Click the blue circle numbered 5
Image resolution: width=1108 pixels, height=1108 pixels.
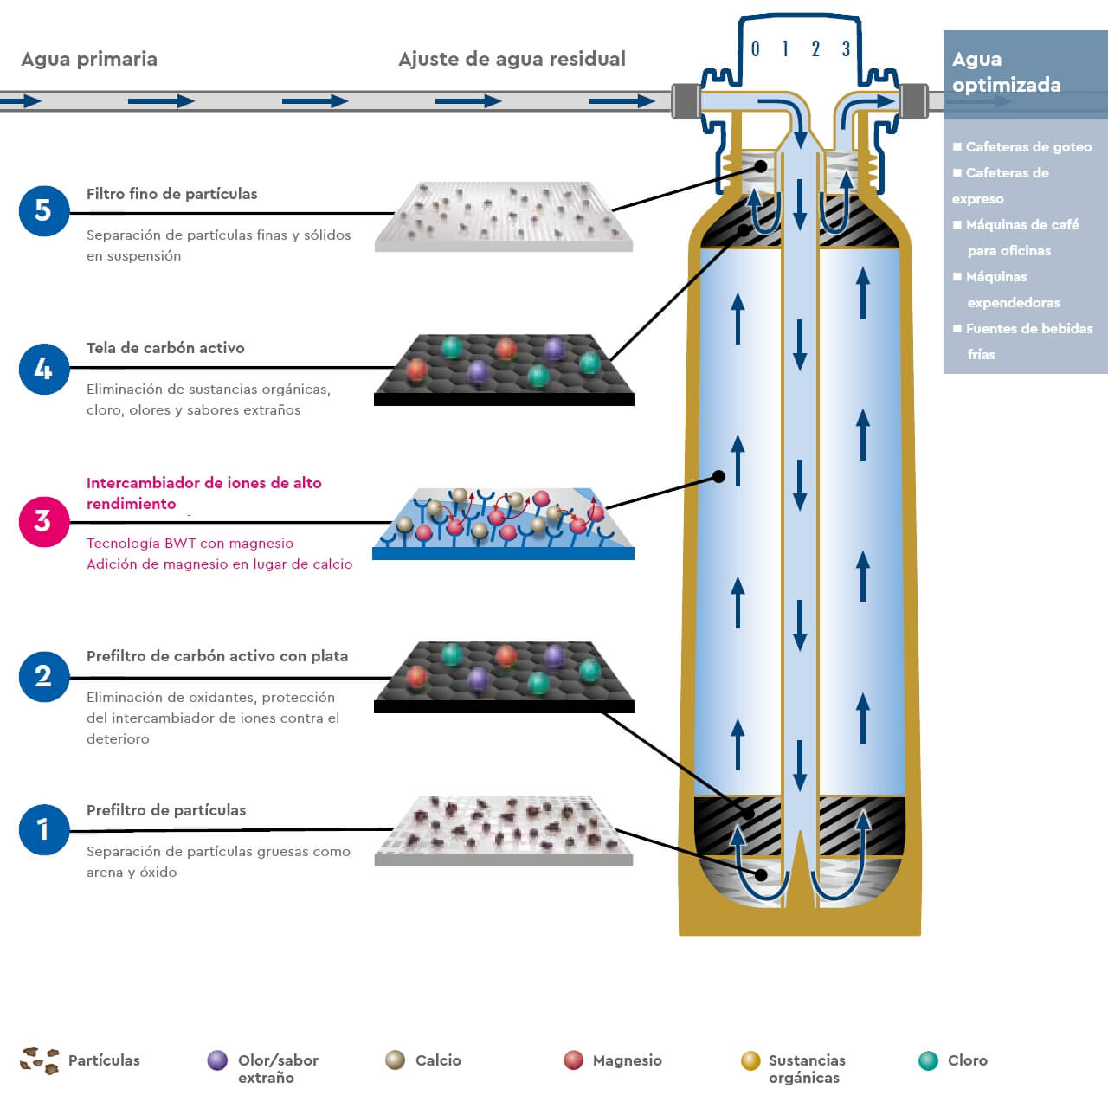(43, 210)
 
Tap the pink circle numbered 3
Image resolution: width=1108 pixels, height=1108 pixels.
(43, 521)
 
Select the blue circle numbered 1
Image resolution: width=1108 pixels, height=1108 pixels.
(43, 829)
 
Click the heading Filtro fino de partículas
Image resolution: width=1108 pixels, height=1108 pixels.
(171, 194)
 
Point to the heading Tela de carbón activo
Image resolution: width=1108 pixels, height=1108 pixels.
(165, 348)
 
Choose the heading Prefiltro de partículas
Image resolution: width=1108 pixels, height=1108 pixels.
(166, 810)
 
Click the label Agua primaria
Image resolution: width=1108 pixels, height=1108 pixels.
(89, 60)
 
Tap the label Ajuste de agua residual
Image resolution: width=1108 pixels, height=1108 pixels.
(512, 60)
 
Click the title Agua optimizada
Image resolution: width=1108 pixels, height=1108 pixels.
(1006, 72)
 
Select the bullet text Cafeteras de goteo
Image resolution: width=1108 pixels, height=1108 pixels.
(1028, 147)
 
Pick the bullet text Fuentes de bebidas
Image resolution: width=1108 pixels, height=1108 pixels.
(1028, 329)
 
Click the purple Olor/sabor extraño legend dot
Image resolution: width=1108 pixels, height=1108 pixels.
(217, 1060)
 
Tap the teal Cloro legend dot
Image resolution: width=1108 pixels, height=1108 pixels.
(928, 1060)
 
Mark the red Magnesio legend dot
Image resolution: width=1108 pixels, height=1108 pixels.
(573, 1060)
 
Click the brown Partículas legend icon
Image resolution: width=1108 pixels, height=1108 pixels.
(40, 1060)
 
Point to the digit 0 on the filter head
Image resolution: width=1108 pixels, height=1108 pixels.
(755, 49)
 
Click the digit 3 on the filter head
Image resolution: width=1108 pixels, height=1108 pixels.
(846, 49)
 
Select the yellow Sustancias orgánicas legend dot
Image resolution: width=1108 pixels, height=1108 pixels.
(750, 1060)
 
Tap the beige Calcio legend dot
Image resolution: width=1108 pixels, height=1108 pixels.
(395, 1060)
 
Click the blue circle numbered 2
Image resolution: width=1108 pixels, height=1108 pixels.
(43, 676)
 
